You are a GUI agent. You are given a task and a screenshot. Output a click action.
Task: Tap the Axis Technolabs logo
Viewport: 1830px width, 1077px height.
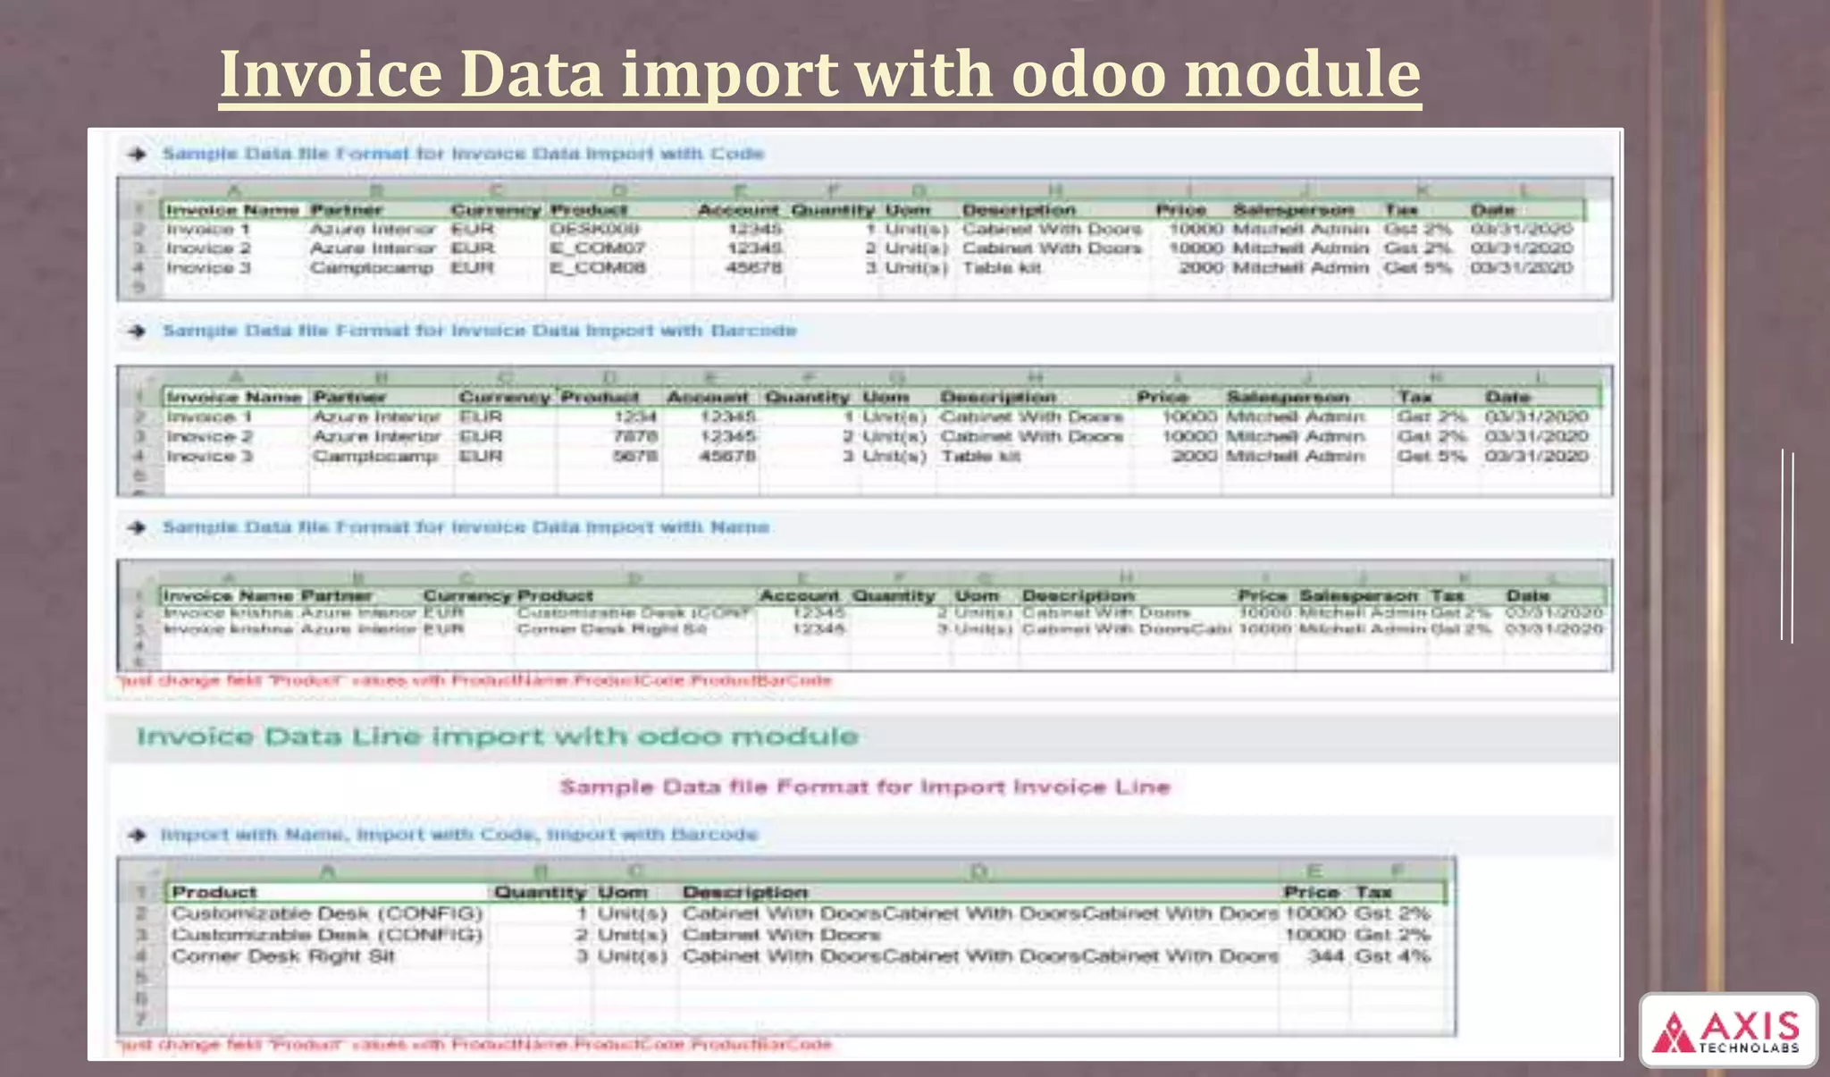pos(1727,1031)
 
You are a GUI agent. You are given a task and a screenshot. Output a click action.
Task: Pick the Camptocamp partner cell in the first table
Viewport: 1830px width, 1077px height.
pos(371,268)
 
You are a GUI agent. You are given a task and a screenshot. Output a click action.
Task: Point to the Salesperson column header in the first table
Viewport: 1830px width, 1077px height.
pos(1293,210)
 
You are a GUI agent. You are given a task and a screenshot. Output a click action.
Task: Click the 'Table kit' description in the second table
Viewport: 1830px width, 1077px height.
pos(980,457)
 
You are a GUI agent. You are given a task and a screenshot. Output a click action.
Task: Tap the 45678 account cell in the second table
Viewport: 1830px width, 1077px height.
pos(727,457)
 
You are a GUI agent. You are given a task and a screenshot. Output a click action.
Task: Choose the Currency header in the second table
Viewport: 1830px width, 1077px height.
pos(504,397)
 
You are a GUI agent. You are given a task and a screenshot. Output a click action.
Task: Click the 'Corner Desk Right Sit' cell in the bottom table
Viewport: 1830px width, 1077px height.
pos(283,956)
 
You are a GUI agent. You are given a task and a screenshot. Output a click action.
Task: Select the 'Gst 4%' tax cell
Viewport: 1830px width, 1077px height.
pos(1392,956)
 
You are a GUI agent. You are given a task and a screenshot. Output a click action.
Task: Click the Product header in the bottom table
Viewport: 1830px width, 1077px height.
pos(214,892)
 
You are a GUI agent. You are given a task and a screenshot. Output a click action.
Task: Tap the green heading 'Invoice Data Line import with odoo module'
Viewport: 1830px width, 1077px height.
pos(497,736)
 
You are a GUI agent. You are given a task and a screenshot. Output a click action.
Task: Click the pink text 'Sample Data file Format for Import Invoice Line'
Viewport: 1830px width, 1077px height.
pos(864,787)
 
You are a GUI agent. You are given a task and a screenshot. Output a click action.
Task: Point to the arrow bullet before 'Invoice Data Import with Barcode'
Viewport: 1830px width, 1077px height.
pos(137,332)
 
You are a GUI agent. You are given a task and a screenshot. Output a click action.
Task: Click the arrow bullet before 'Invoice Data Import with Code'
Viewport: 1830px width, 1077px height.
pos(137,155)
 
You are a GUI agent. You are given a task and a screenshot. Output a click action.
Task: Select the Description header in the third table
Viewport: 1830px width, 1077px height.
pos(1078,595)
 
